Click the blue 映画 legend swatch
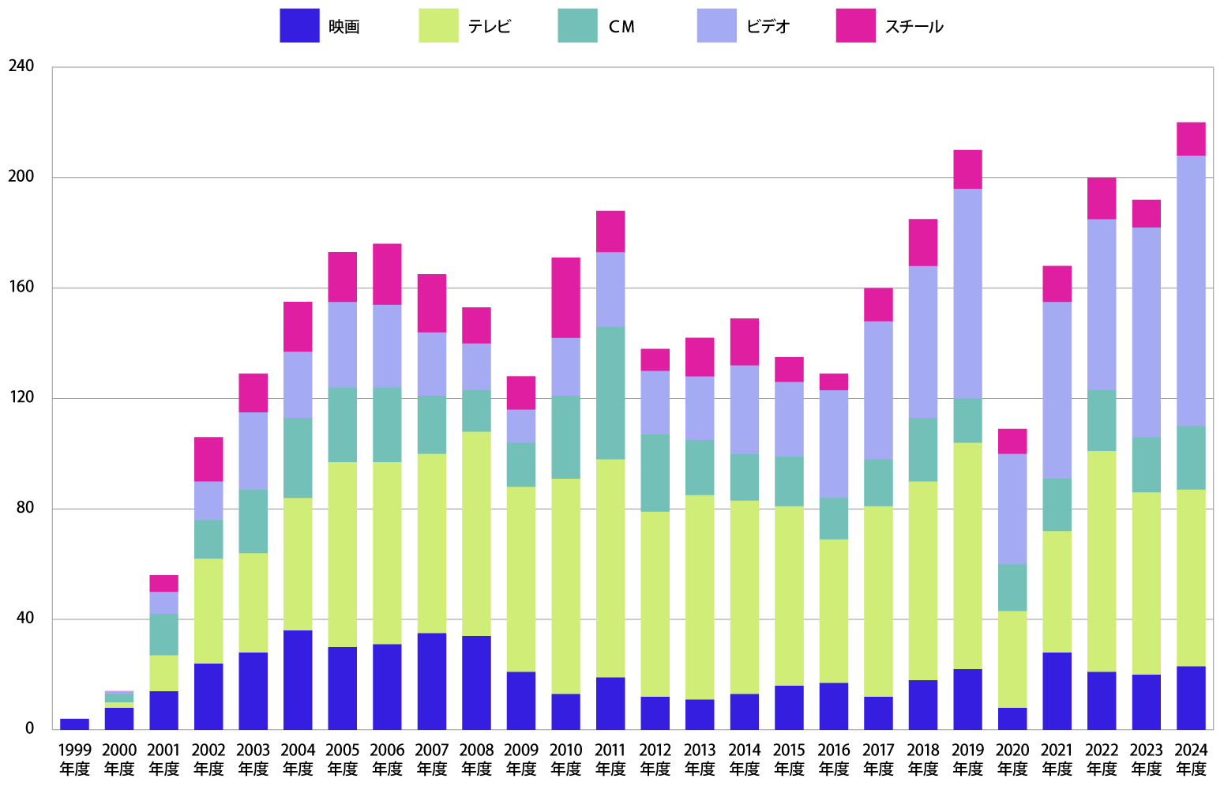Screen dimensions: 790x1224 pos(299,25)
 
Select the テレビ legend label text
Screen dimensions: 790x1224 pos(490,27)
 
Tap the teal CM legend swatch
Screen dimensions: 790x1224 pos(577,25)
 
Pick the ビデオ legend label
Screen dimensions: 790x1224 pos(768,27)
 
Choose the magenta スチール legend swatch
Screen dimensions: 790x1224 pos(855,25)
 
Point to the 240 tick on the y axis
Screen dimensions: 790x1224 pos(21,66)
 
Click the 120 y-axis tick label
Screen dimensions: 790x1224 pos(21,398)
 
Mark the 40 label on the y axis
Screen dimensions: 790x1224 pos(25,619)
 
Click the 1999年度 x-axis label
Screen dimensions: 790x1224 pos(75,758)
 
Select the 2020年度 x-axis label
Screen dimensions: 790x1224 pos(1012,758)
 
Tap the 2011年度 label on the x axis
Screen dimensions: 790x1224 pos(610,758)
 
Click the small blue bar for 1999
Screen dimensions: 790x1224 pos(75,724)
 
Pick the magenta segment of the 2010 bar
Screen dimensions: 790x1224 pos(565,297)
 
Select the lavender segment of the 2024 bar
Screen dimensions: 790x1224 pos(1191,291)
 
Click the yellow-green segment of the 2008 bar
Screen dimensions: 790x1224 pos(476,533)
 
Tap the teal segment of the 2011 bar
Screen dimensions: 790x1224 pos(610,393)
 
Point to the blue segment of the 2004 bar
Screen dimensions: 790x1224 pos(298,679)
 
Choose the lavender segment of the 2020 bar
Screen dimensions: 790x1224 pos(1012,509)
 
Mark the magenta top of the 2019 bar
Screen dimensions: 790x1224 pos(967,169)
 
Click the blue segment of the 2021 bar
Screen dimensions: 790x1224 pos(1057,690)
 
